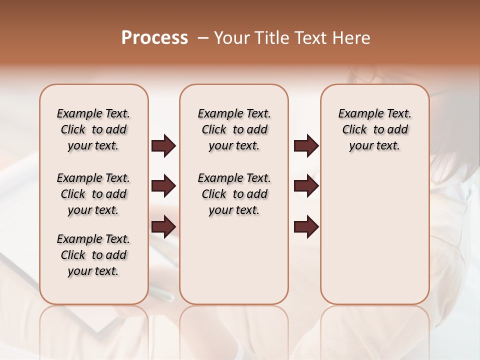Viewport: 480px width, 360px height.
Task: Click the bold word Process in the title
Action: (x=154, y=38)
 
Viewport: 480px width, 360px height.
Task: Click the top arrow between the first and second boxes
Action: (x=163, y=146)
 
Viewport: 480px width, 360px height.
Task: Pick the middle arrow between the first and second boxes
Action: (x=163, y=186)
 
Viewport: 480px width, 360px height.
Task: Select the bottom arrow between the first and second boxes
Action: (x=163, y=227)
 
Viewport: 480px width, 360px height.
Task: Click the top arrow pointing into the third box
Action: (x=306, y=146)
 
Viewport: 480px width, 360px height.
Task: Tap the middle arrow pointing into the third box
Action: (x=306, y=186)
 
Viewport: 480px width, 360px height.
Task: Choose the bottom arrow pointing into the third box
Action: (x=306, y=227)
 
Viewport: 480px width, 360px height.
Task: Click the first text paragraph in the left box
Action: (x=93, y=129)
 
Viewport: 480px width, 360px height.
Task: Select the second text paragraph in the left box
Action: (x=93, y=194)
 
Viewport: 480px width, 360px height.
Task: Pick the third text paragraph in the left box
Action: (x=93, y=255)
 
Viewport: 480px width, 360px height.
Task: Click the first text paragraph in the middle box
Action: (x=234, y=129)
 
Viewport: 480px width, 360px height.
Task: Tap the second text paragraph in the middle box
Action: (x=234, y=194)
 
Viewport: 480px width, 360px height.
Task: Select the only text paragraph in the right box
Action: (x=374, y=129)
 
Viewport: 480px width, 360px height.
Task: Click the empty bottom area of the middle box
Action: (x=234, y=265)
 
